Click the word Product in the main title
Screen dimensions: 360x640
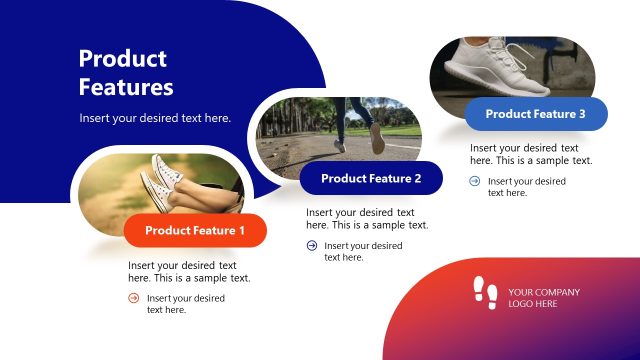point(123,59)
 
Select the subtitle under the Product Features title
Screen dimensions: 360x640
point(155,118)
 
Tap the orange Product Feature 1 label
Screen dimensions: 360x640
point(195,231)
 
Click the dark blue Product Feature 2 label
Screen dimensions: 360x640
point(371,179)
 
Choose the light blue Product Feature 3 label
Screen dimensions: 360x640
point(536,114)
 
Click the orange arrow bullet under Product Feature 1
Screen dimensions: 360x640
point(134,298)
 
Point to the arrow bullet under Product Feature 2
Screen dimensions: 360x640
point(311,245)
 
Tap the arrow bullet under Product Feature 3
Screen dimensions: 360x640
point(475,181)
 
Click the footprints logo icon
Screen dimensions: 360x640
point(485,292)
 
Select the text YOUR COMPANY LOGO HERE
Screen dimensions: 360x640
point(543,298)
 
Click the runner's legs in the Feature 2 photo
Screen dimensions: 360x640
point(361,125)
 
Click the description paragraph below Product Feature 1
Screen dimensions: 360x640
point(189,272)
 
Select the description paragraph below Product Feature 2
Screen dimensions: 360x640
point(367,219)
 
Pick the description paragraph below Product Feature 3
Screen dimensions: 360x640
point(531,154)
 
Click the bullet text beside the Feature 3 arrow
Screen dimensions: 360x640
point(526,187)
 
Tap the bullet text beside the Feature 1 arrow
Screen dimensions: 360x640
point(185,304)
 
